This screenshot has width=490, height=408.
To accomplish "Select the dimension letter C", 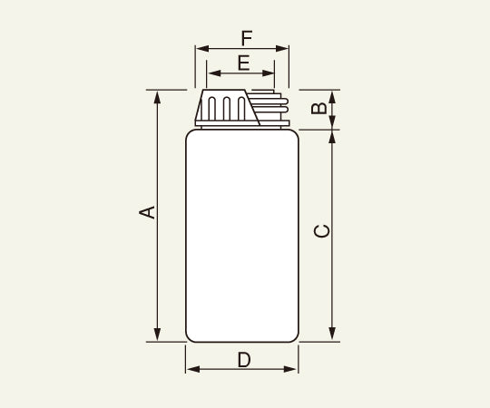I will click(320, 231).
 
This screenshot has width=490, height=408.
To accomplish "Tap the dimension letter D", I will click(243, 359).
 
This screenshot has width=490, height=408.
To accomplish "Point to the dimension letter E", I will click(242, 63).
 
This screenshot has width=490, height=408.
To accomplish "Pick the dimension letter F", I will click(246, 38).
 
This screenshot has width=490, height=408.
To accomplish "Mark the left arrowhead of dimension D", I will click(190, 370).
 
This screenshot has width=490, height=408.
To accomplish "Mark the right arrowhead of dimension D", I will click(293, 370).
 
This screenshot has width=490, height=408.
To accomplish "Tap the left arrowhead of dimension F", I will click(200, 49).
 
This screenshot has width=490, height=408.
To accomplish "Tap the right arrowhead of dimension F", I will click(285, 49).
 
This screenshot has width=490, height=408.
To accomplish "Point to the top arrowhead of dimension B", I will click(333, 94).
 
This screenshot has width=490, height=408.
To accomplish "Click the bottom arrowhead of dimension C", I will click(333, 337).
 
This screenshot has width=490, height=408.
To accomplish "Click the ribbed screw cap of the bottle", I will click(224, 107).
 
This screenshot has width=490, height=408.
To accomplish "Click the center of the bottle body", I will click(241, 236).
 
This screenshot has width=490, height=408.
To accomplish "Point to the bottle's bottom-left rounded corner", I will click(191, 336).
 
